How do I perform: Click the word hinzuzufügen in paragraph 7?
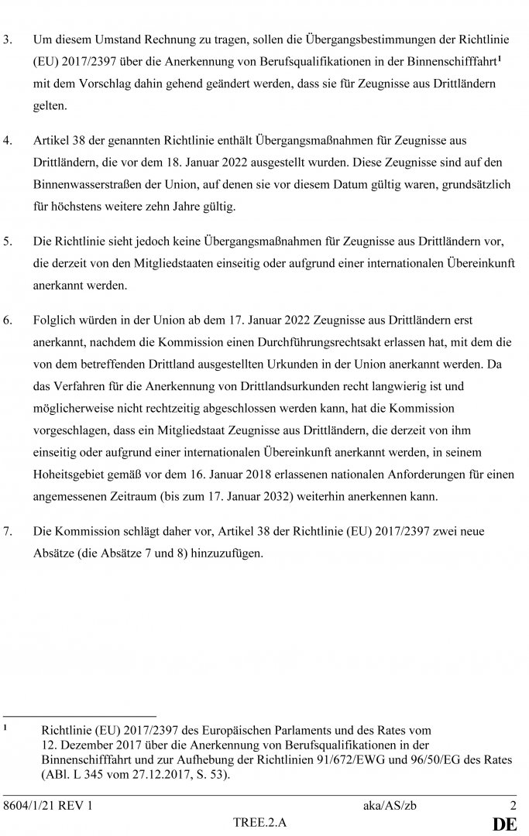pyautogui.click(x=227, y=553)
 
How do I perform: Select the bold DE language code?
pyautogui.click(x=509, y=824)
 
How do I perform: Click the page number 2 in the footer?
pyautogui.click(x=512, y=806)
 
